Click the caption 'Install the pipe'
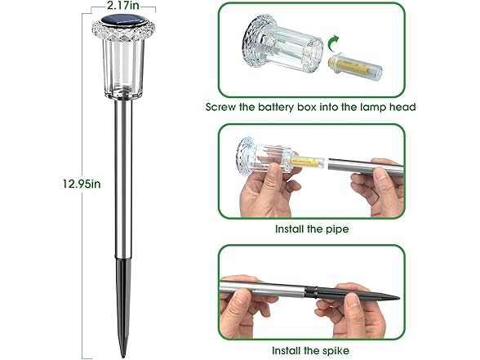(x=312, y=229)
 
